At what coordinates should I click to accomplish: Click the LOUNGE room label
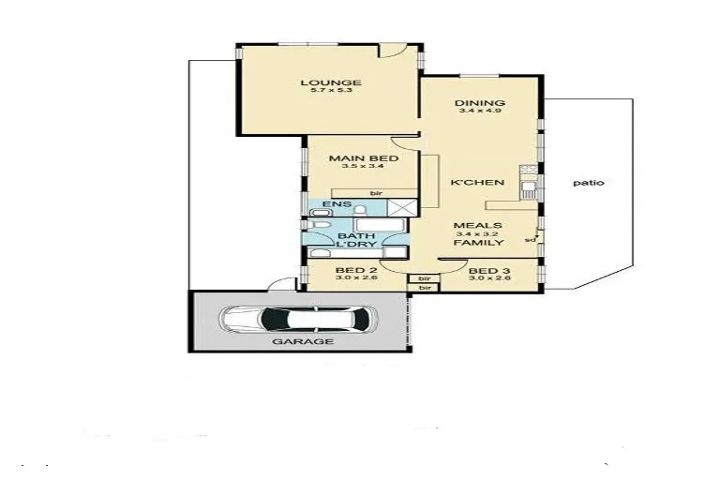[x=330, y=82]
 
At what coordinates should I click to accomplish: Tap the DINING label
[x=479, y=103]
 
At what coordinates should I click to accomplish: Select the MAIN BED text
[x=363, y=158]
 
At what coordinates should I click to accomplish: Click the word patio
[x=587, y=183]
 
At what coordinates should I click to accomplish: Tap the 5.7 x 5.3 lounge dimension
[x=330, y=93]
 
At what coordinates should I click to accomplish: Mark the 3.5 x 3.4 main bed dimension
[x=363, y=169]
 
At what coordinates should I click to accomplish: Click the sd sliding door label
[x=530, y=239]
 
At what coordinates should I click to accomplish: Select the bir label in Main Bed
[x=376, y=192]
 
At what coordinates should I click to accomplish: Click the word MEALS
[x=477, y=226]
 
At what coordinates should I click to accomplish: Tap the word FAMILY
[x=478, y=243]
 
